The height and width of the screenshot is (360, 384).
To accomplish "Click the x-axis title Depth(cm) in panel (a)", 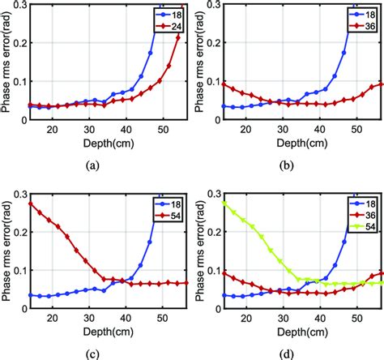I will [104, 143].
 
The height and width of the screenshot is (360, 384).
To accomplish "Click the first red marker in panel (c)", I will [31, 204].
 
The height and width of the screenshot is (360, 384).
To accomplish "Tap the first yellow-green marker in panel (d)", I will [224, 204].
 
